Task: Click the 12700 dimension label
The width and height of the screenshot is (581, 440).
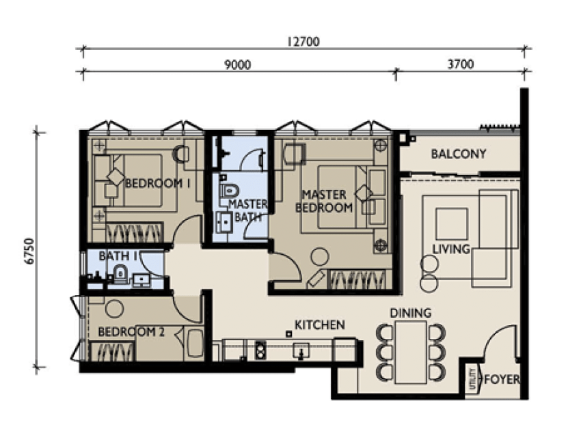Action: (x=303, y=42)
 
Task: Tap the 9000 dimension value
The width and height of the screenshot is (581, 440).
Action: (x=238, y=65)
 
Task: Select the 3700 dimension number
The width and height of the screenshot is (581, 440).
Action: (x=461, y=64)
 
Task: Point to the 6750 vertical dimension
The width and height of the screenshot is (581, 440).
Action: (x=29, y=251)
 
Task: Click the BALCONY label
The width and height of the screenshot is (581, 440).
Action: (x=459, y=154)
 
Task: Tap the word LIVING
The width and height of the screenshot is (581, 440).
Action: (x=451, y=249)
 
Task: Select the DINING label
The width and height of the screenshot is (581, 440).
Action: (x=411, y=313)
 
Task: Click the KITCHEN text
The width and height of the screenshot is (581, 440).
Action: (x=319, y=325)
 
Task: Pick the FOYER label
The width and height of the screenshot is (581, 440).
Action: (x=502, y=379)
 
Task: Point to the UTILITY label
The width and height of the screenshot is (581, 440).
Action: (x=472, y=379)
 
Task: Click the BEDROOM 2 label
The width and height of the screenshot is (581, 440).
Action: (x=131, y=332)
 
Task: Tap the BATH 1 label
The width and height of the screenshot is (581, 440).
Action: (x=114, y=256)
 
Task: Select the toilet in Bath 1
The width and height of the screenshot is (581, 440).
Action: (x=120, y=274)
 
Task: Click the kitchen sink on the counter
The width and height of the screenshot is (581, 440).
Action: (x=301, y=350)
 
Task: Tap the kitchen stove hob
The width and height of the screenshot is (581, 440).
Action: (x=260, y=350)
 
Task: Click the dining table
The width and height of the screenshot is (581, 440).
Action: (x=411, y=352)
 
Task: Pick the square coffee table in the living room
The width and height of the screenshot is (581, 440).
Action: (x=451, y=223)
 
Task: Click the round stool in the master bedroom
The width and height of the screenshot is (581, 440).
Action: (x=319, y=257)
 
